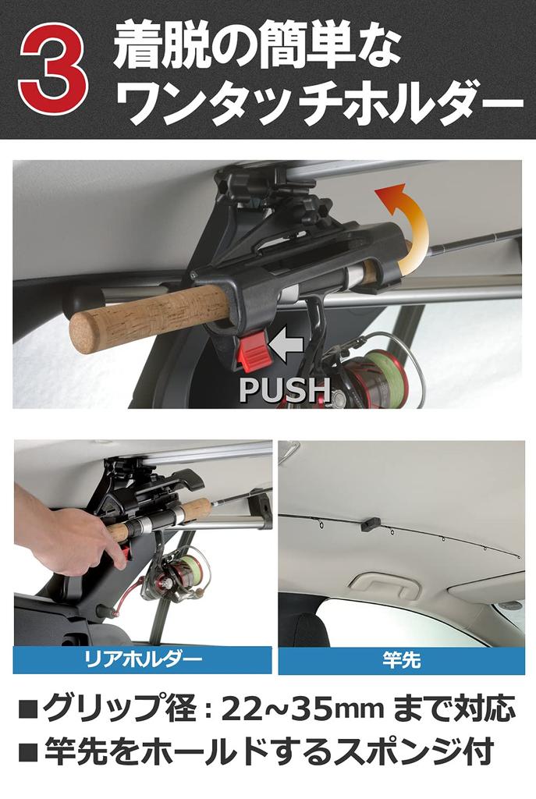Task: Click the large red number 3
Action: tap(53, 71)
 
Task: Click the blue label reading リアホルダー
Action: tap(143, 660)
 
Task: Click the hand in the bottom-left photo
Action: tap(74, 539)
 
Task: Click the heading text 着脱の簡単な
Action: tap(257, 46)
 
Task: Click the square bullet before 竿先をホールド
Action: tap(28, 754)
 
